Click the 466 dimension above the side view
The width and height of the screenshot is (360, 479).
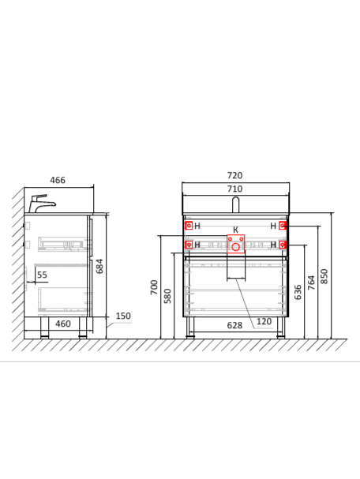(58, 180)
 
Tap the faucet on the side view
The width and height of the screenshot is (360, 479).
(42, 204)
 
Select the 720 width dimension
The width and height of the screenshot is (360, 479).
(234, 175)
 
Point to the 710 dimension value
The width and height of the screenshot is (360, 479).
(234, 189)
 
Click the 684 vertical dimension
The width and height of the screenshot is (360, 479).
(99, 266)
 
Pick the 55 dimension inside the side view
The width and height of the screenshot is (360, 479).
(42, 275)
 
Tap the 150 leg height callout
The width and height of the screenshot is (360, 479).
(123, 316)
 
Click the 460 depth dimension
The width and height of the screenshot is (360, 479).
(63, 324)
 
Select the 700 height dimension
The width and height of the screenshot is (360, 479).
(154, 287)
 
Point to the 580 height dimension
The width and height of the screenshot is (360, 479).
(167, 296)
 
